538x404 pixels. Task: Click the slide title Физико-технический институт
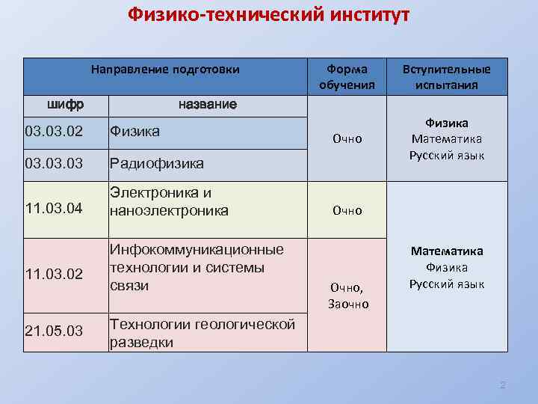click(x=268, y=15)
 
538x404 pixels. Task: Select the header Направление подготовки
click(x=165, y=70)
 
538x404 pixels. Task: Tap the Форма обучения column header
click(x=346, y=77)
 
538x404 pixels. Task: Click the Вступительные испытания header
click(x=447, y=77)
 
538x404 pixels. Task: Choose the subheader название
click(x=207, y=103)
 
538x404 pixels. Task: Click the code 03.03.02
click(x=54, y=132)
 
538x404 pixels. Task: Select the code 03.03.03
click(x=54, y=163)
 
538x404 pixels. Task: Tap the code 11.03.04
click(x=54, y=206)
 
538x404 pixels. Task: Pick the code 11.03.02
click(x=54, y=274)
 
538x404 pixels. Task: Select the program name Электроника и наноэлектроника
click(x=169, y=202)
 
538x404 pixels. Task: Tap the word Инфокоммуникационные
click(x=197, y=249)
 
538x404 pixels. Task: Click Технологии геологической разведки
click(x=202, y=333)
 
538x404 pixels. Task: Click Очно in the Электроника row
click(x=347, y=211)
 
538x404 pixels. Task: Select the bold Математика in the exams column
click(x=447, y=251)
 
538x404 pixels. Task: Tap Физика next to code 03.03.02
click(x=134, y=132)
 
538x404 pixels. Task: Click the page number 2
click(x=502, y=385)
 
